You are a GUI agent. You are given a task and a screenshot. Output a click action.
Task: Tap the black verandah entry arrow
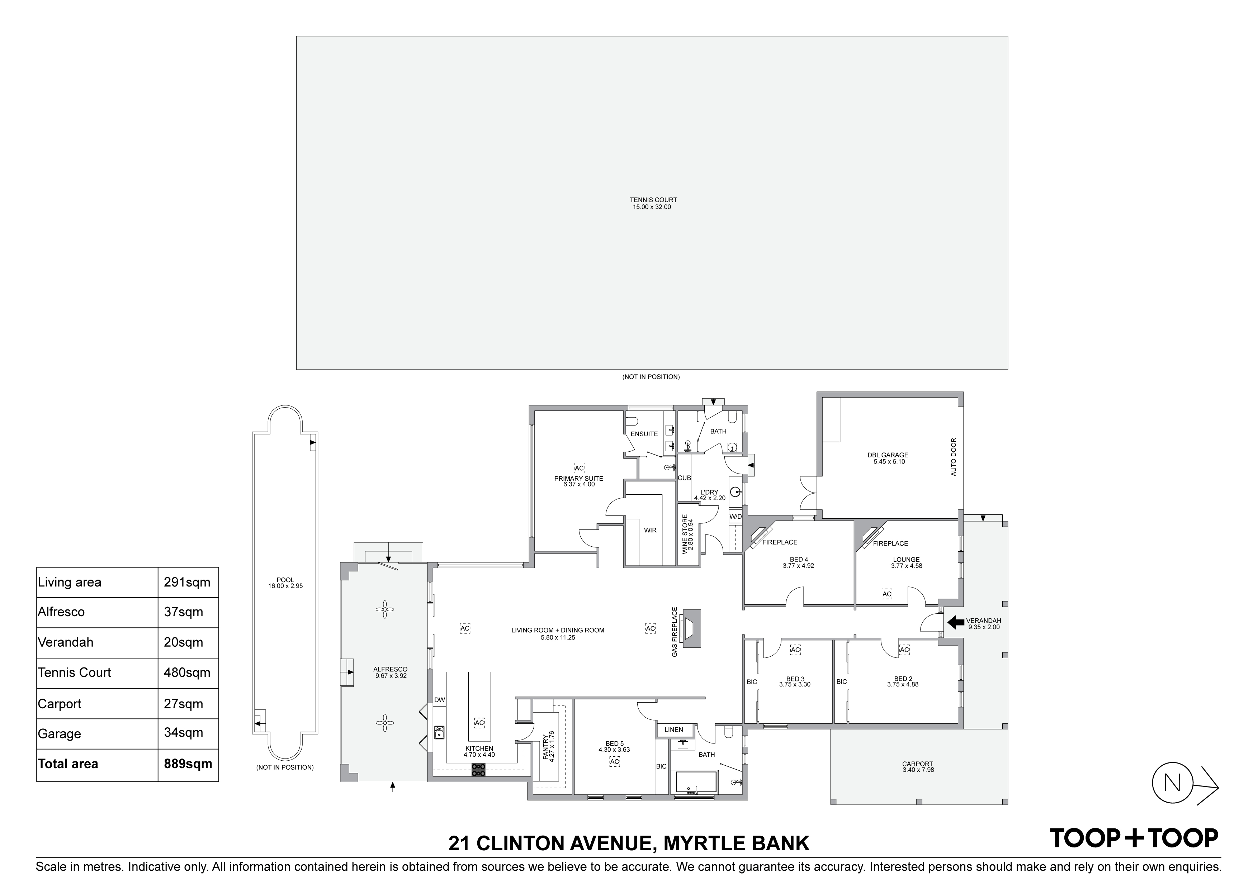956,622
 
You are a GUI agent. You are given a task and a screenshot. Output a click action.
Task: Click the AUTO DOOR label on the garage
954,456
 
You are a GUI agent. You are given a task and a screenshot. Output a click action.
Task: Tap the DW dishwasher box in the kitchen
439,699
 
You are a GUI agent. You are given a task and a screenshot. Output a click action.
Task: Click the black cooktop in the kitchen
478,770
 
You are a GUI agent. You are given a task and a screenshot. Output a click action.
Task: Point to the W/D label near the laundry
735,517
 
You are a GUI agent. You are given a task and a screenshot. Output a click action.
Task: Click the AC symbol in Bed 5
614,762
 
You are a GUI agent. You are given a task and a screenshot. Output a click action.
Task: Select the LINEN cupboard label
674,729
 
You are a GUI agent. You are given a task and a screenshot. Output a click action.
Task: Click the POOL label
285,580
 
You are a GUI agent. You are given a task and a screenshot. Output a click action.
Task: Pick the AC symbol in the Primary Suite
579,468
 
